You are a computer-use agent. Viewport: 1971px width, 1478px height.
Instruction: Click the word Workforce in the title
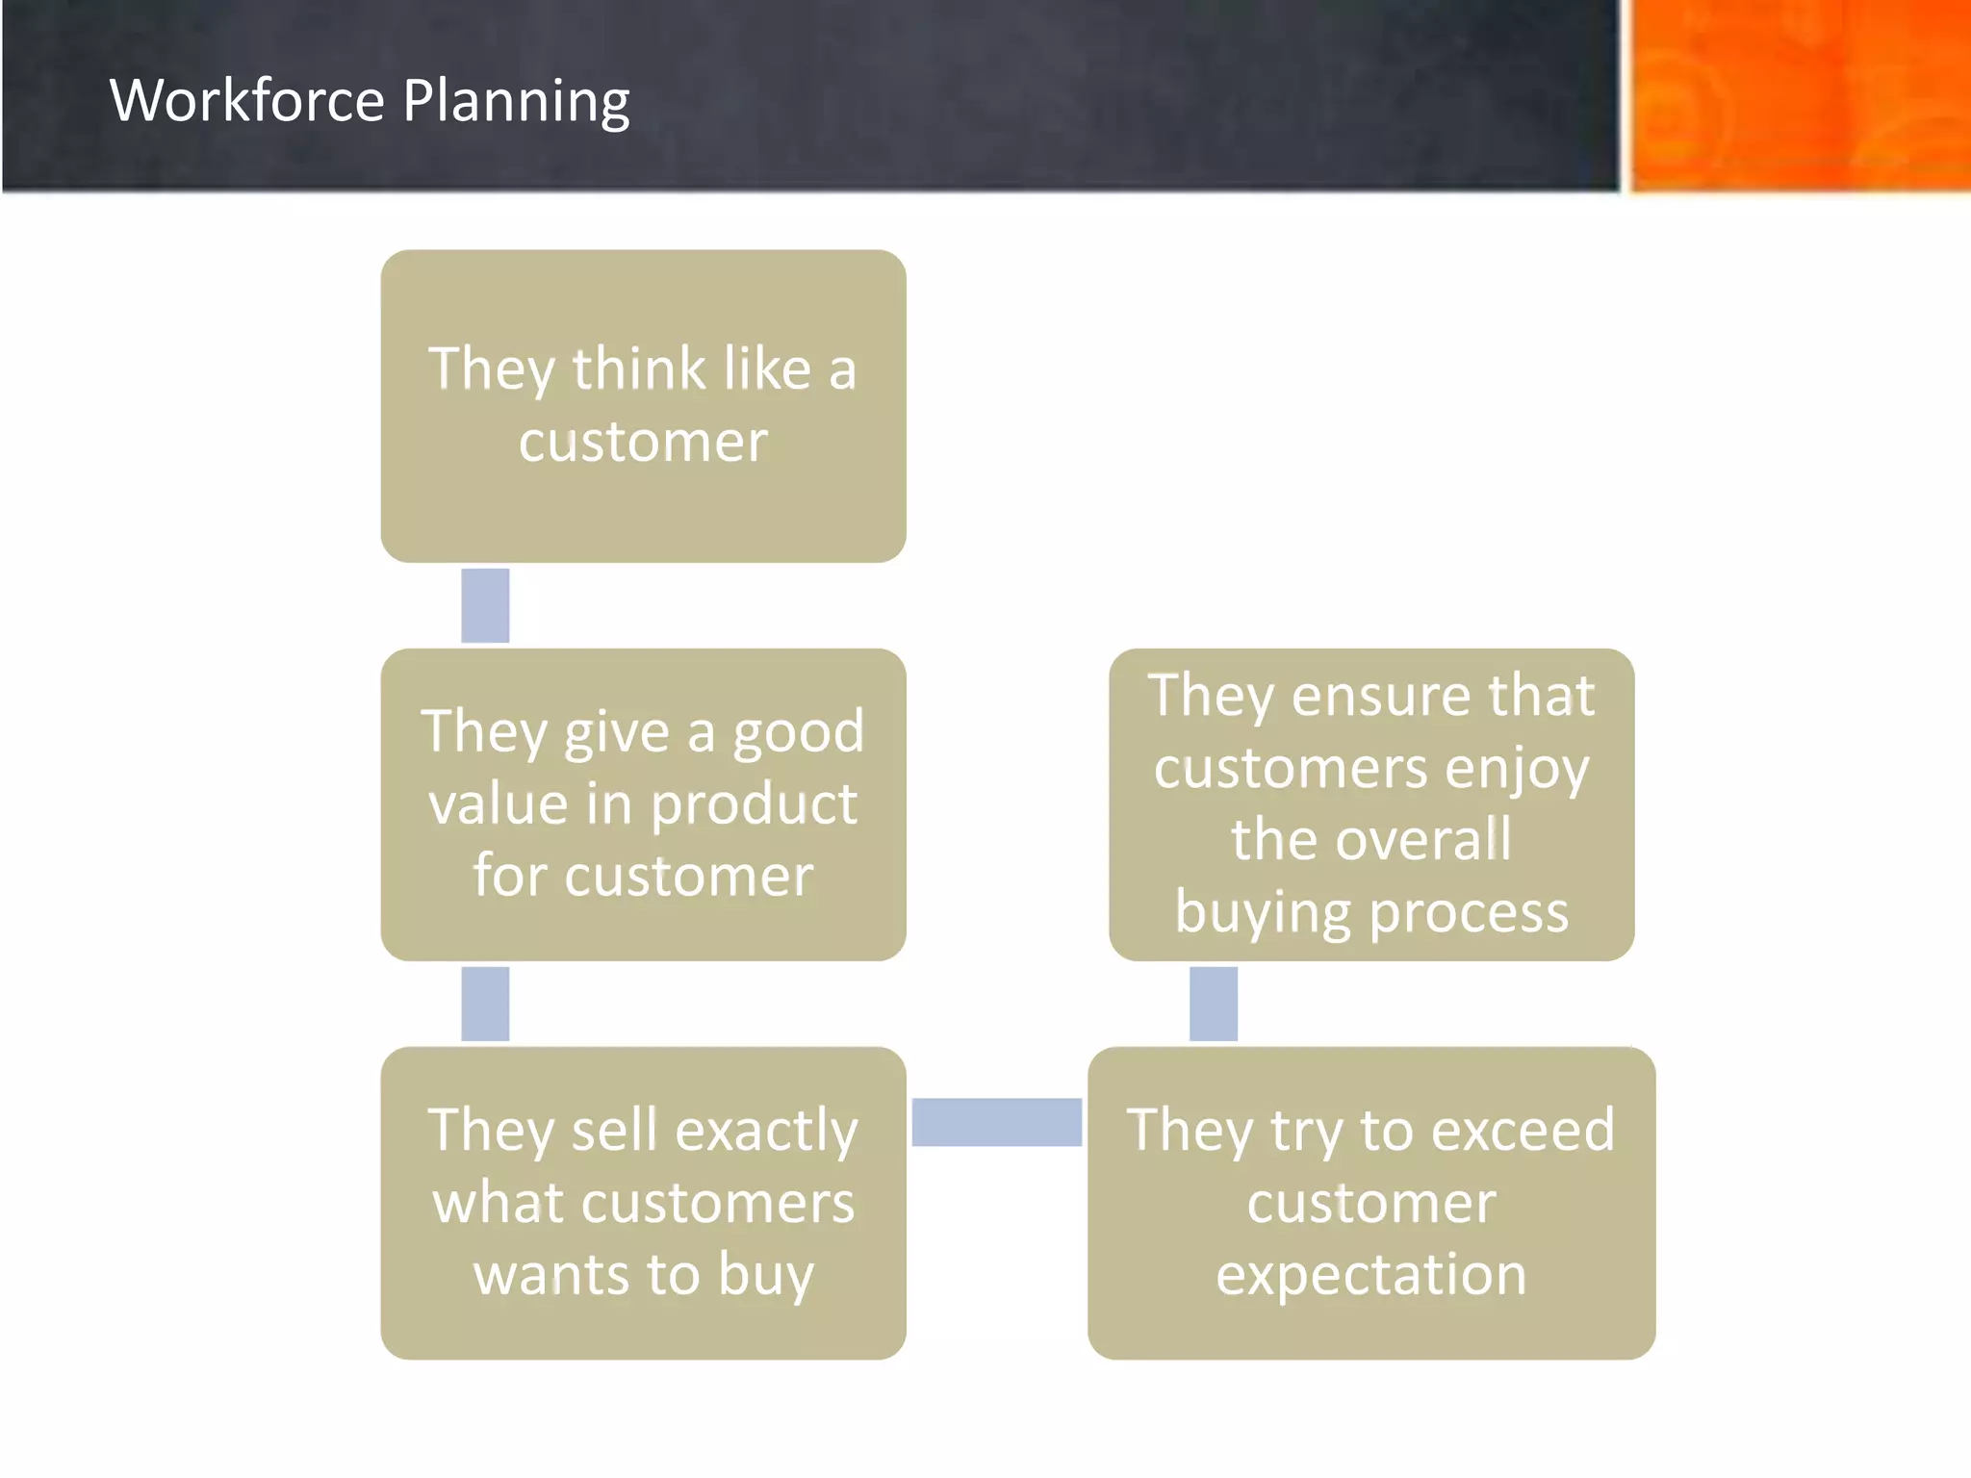pos(247,100)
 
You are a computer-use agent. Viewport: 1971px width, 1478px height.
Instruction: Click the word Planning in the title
pos(516,102)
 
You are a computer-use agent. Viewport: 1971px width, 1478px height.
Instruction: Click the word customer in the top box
pos(643,442)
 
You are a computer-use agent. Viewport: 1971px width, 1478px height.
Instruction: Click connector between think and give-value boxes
pos(485,605)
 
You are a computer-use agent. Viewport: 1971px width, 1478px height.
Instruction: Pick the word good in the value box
pos(799,731)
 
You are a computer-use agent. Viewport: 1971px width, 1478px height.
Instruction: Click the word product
pos(754,804)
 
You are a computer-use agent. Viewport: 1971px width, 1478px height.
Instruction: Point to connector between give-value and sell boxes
pos(485,1004)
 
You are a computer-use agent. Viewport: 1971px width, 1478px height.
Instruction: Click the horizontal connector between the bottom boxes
pos(996,1122)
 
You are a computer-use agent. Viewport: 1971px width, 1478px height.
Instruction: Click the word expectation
pos(1370,1275)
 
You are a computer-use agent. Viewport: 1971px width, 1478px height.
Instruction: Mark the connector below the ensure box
pos(1214,1004)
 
